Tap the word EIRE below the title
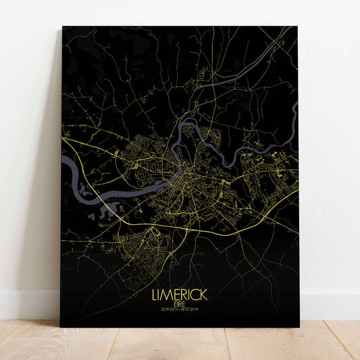(180, 305)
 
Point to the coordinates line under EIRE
(180, 311)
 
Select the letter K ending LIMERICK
(205, 295)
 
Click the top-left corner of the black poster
(62, 27)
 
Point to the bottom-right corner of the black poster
(299, 327)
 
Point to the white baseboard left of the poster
(30, 304)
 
